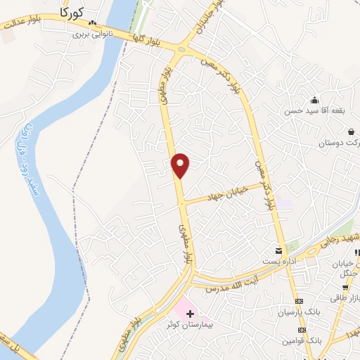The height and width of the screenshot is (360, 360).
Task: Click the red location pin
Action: tap(181, 165)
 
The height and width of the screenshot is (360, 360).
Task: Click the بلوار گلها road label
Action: tap(147, 40)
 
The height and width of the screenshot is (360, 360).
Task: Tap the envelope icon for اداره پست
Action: tap(280, 251)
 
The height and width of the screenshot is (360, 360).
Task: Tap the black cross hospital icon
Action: tap(190, 311)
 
